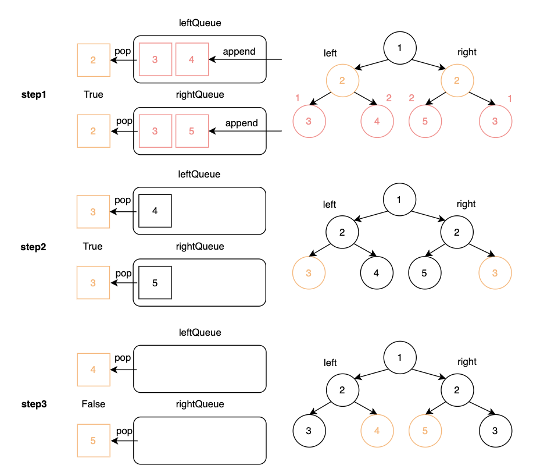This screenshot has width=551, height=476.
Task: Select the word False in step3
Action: point(93,404)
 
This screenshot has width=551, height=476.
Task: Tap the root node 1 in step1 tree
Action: point(399,48)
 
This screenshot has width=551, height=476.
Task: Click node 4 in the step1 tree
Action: point(377,122)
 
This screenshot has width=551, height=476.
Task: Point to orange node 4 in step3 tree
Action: point(377,431)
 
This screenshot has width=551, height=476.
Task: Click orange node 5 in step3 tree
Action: point(424,431)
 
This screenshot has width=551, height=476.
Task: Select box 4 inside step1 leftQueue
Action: point(192,59)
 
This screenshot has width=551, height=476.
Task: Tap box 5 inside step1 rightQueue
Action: point(192,132)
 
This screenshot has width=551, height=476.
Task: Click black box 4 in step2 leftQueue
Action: point(155,210)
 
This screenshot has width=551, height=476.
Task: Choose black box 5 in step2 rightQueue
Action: point(155,283)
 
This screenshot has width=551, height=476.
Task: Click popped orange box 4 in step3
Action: point(93,369)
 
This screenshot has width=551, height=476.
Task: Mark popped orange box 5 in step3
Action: point(93,441)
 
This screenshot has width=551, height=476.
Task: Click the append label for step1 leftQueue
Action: point(239,52)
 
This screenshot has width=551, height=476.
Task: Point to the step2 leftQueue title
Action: point(200,175)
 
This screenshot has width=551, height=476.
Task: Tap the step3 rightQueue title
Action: point(200,404)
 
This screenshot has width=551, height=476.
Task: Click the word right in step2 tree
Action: point(466,204)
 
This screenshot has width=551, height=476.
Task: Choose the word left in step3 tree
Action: point(330,363)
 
